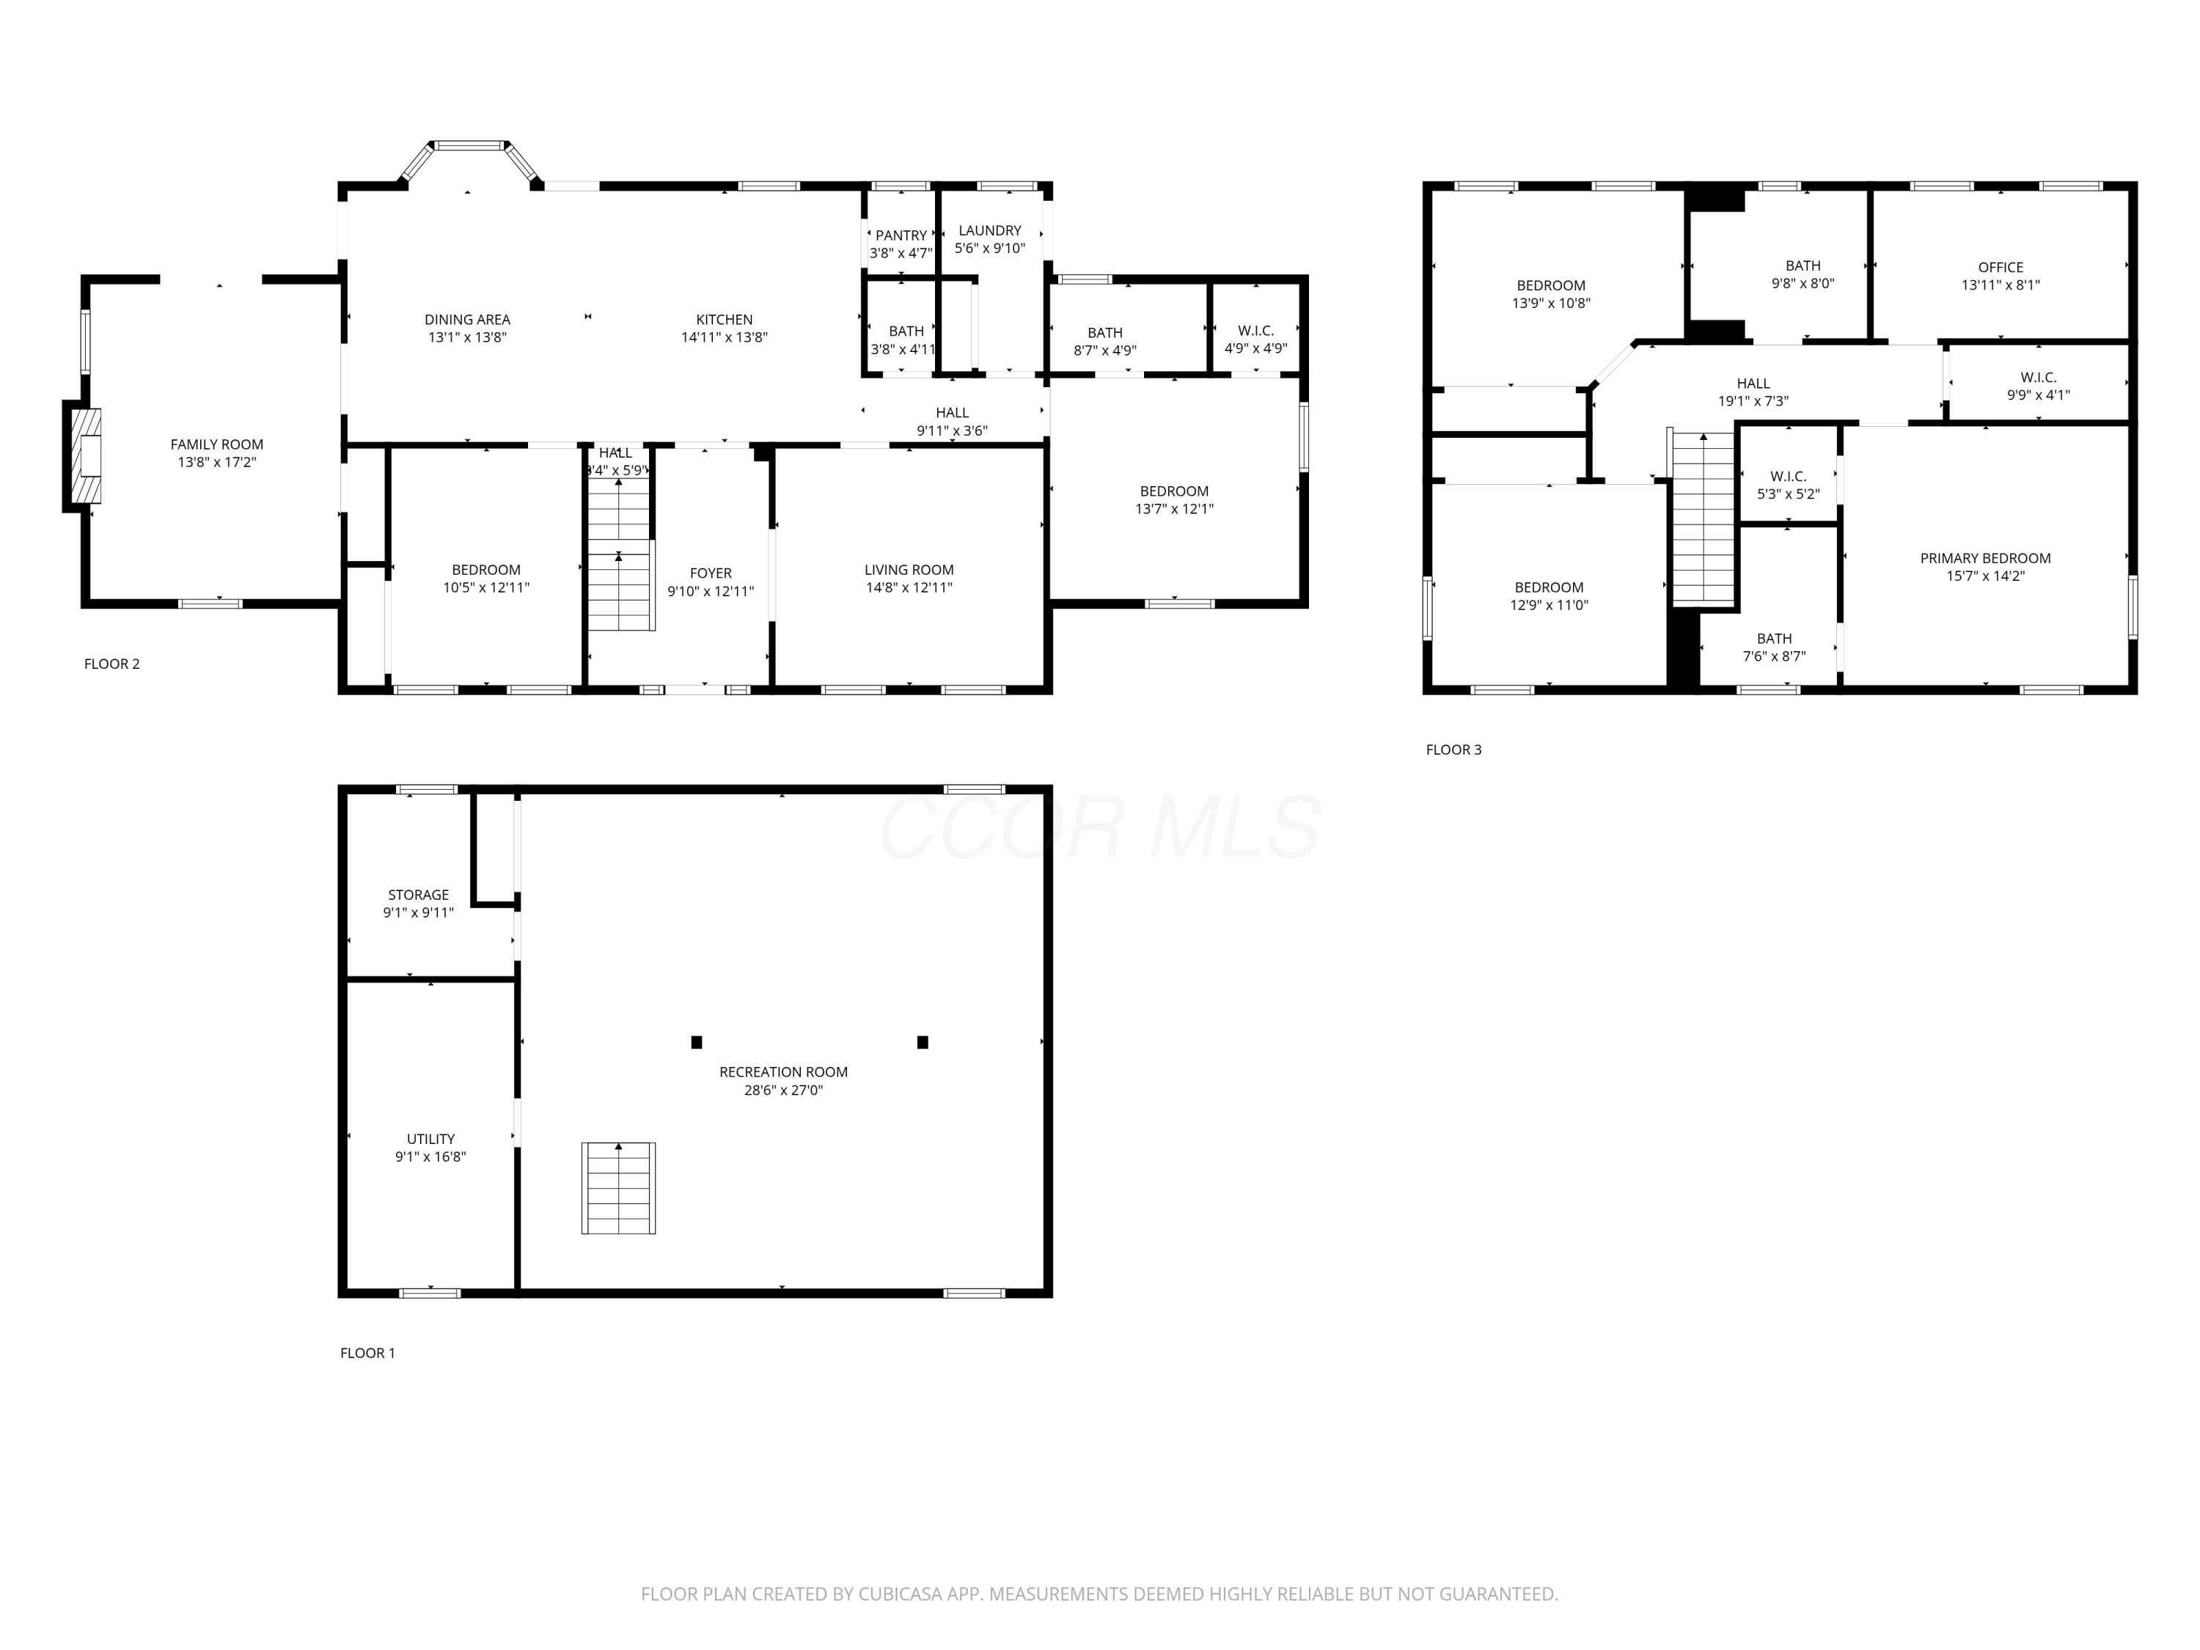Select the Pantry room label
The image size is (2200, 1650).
[901, 235]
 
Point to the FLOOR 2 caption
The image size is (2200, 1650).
[111, 664]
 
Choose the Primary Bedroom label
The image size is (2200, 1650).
[1985, 558]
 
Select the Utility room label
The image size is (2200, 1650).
[430, 1139]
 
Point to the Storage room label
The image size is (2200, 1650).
[418, 895]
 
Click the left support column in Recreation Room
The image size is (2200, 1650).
[696, 1042]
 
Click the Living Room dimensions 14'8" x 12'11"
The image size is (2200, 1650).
[909, 588]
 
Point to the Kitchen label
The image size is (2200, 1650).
[724, 320]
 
